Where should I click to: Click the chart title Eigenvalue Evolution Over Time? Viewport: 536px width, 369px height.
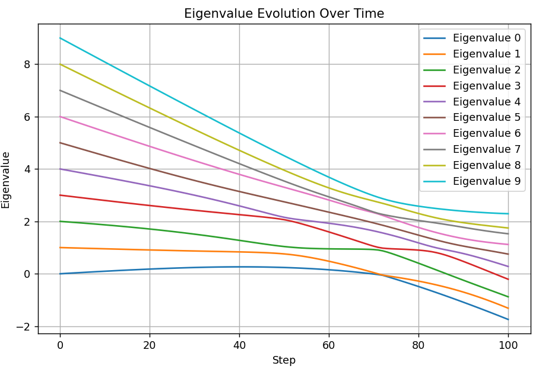(284, 14)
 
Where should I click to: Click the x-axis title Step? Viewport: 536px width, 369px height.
(284, 360)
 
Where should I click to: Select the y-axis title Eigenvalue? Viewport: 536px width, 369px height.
(7, 179)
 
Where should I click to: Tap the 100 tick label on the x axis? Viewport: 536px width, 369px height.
(508, 344)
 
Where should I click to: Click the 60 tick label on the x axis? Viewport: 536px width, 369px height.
(329, 344)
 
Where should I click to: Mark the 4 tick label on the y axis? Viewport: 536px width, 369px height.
(27, 169)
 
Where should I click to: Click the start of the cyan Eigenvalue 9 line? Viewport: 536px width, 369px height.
(60, 38)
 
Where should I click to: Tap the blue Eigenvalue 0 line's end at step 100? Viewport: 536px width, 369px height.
(508, 319)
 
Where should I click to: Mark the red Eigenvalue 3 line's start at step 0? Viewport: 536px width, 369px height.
(60, 195)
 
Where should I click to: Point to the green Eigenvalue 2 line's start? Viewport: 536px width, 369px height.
(60, 222)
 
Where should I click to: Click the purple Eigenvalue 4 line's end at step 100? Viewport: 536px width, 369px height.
(508, 267)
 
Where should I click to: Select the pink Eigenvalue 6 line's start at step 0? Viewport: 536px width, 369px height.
(60, 117)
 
